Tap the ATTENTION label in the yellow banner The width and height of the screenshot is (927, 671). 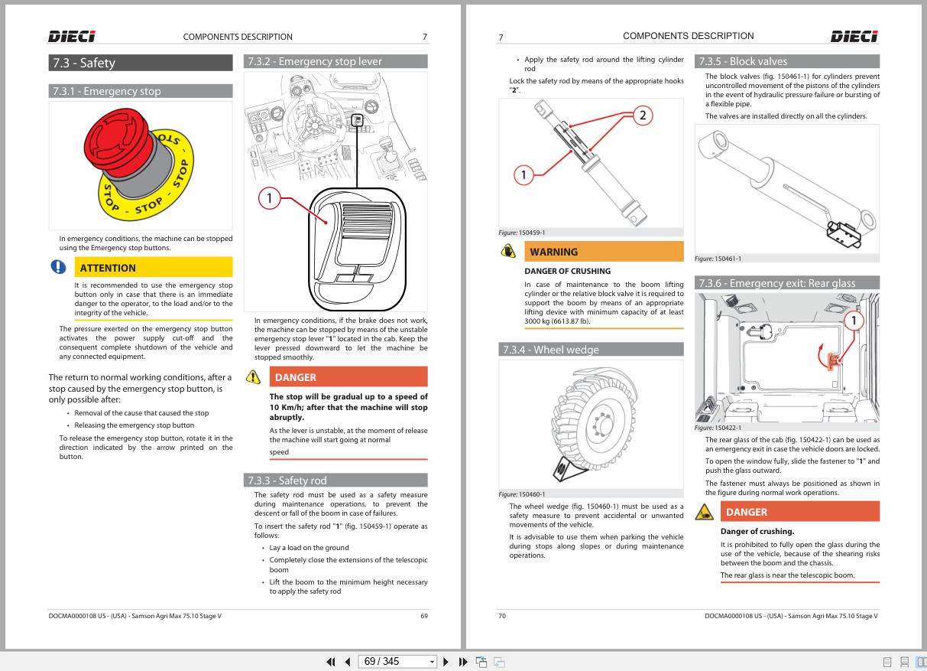(x=109, y=268)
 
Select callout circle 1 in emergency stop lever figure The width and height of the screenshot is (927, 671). (x=269, y=200)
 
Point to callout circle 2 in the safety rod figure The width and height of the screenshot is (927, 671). (x=643, y=116)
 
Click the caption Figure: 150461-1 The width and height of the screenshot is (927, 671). (x=718, y=259)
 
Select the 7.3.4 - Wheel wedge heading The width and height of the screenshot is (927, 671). (x=549, y=350)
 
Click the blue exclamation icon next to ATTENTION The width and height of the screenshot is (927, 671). (x=58, y=267)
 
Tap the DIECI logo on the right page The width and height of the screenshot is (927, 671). (x=854, y=36)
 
